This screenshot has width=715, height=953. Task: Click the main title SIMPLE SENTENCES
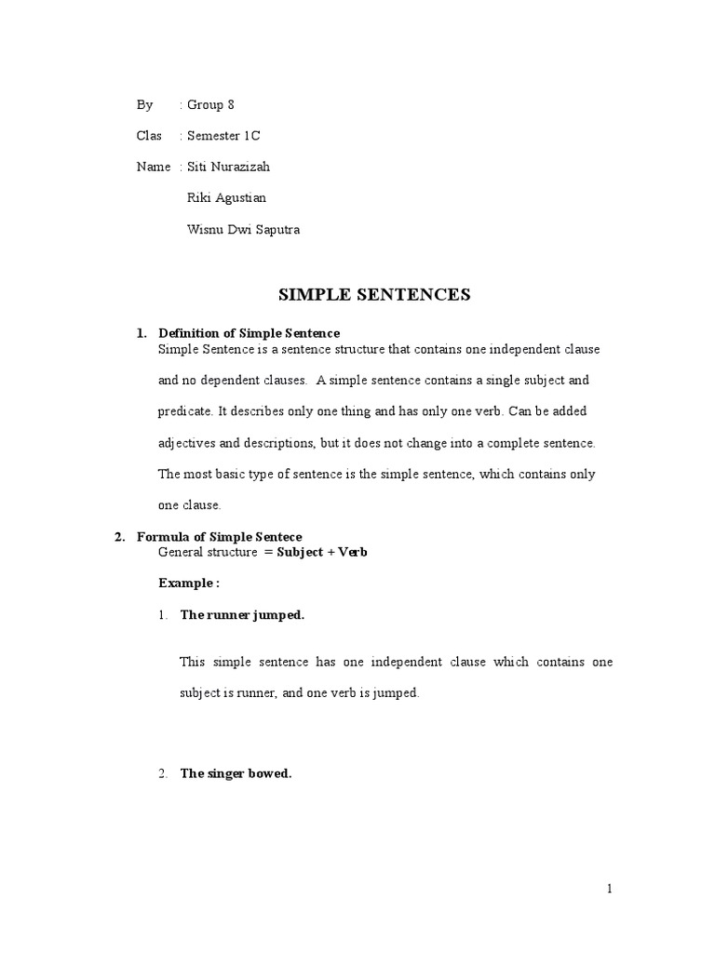[375, 295]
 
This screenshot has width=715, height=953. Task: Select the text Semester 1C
[223, 136]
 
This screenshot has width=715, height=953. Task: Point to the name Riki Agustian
[225, 197]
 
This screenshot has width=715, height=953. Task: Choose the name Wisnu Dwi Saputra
[244, 228]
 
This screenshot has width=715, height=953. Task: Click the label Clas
[148, 136]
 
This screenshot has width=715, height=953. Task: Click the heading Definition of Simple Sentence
[250, 333]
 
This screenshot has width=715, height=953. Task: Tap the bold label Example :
[189, 583]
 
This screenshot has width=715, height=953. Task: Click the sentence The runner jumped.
[242, 615]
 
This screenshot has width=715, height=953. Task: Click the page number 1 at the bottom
[610, 889]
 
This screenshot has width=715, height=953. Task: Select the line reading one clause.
[190, 504]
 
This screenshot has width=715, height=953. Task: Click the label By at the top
[144, 105]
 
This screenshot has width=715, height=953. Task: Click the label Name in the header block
[153, 167]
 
